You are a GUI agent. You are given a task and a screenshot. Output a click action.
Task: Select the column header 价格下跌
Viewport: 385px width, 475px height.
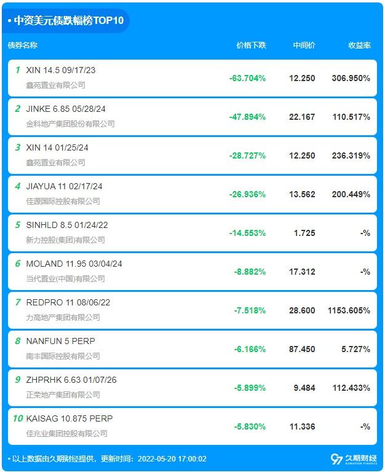(251, 45)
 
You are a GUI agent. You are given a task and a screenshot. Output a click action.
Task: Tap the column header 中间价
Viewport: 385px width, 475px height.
(304, 45)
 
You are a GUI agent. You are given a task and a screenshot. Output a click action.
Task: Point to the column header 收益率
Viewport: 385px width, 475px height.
(359, 45)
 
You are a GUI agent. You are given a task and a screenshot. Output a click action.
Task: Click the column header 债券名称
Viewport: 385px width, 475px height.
(23, 45)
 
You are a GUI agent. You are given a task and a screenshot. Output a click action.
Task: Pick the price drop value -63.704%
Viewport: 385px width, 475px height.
(247, 78)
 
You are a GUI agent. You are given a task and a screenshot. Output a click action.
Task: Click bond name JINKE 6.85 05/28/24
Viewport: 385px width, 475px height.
(66, 109)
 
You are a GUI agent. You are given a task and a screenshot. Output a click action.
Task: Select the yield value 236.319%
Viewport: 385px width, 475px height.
(351, 155)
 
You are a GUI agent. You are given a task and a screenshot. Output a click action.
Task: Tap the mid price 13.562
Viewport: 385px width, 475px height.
(302, 194)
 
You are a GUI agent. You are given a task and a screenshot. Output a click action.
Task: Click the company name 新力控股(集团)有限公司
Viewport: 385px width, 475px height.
(65, 240)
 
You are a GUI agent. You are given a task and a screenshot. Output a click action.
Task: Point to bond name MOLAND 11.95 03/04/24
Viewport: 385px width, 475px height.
(74, 264)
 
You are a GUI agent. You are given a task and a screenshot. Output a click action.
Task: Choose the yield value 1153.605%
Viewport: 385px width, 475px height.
(348, 310)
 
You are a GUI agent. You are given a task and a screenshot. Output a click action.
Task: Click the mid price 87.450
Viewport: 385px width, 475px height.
(302, 349)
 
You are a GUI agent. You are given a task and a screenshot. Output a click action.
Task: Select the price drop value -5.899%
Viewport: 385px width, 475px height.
(250, 388)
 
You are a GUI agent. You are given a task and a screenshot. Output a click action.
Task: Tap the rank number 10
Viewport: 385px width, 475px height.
(18, 418)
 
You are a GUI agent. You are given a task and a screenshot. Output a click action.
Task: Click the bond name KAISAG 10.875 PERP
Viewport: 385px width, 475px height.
(69, 418)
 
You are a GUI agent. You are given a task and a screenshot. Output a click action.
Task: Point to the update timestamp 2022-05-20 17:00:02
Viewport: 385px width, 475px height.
(172, 459)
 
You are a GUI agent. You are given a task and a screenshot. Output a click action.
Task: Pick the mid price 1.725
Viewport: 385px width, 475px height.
(304, 233)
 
